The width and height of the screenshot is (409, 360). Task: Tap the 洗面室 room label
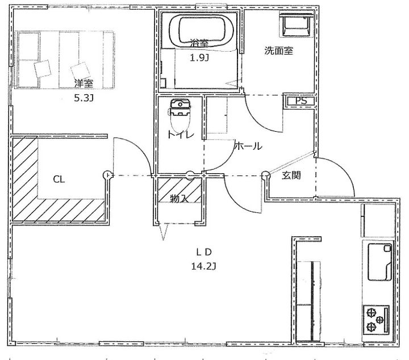(x=278, y=51)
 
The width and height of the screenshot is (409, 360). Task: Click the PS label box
(x=301, y=101)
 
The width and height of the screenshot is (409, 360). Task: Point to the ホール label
(x=248, y=146)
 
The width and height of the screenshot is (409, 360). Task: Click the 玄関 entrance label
(x=291, y=175)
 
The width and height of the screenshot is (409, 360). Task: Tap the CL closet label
(x=59, y=179)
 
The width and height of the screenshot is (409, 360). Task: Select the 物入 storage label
(x=179, y=199)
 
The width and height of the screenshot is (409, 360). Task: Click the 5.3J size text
(x=84, y=98)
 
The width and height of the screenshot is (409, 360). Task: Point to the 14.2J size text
(x=203, y=266)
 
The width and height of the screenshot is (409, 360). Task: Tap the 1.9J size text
(x=199, y=58)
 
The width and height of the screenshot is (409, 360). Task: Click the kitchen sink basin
(x=379, y=262)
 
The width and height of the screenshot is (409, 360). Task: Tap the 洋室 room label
(x=84, y=83)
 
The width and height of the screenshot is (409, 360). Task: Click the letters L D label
(x=204, y=252)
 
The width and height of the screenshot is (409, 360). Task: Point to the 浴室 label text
(x=199, y=43)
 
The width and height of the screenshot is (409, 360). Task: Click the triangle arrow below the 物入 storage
(x=163, y=232)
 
